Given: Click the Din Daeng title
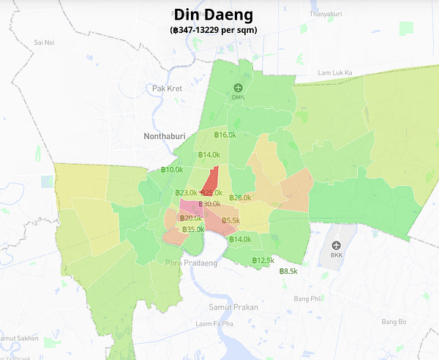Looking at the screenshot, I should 214,14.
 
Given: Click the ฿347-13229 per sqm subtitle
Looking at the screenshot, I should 214,29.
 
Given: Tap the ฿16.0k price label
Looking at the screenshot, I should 225,135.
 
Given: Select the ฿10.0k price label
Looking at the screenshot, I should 172,170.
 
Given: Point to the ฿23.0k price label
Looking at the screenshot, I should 187,192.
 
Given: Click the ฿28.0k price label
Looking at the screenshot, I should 240,198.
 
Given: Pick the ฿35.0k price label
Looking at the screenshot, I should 193,229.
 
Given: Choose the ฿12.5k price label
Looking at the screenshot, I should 263,260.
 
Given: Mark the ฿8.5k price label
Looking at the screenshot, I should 288,271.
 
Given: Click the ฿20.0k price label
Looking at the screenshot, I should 192,219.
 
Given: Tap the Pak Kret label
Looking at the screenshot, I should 167,89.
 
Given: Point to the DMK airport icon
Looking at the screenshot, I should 238,88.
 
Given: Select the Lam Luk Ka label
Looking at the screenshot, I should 335,73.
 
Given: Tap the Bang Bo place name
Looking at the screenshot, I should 393,322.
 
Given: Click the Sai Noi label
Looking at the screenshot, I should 45,43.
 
